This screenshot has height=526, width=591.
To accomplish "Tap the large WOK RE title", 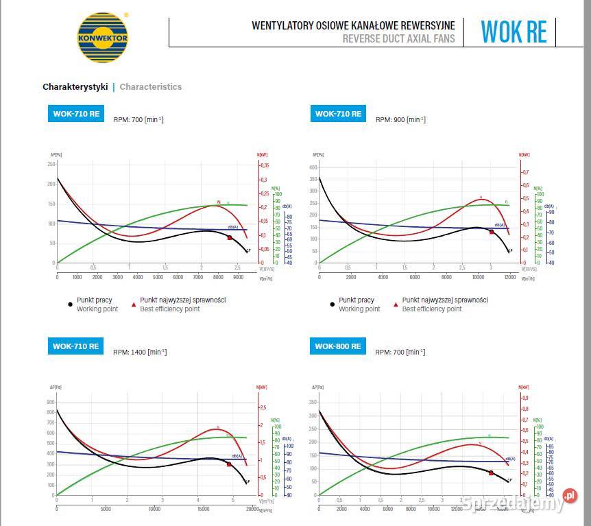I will point(514,32).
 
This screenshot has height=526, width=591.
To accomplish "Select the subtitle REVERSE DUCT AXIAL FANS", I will point(398,39).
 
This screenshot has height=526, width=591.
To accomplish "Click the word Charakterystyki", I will point(75,87).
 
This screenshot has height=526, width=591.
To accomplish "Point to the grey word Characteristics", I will point(151,87).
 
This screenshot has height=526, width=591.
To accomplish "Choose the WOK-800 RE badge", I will point(337,346).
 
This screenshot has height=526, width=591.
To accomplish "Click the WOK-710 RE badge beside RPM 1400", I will point(75,346).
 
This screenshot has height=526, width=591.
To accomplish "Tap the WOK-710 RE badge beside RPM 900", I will point(337,114).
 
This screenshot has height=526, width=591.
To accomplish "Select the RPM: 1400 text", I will point(140,352).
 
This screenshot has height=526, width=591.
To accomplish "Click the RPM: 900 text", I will point(400,119).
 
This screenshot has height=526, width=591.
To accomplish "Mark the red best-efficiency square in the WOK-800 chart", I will point(491,473).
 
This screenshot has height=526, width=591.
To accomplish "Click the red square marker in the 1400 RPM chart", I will point(229,464).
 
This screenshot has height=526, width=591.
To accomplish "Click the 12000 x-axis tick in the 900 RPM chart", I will point(509,277).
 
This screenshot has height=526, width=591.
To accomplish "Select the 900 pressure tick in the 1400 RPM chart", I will point(51,402).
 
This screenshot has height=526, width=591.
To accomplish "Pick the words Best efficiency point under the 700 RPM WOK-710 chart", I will point(170,309).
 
